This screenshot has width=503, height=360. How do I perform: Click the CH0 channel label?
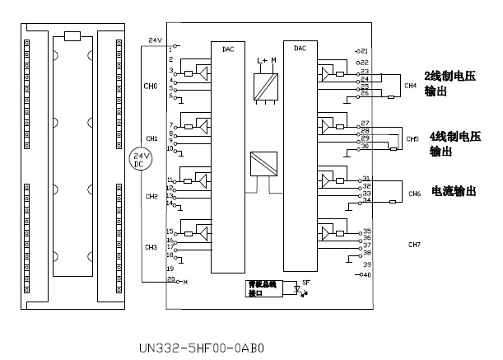tap(151, 86)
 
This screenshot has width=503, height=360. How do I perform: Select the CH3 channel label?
tap(151, 247)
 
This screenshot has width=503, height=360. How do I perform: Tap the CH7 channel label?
tap(414, 245)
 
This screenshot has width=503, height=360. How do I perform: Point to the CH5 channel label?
tap(412, 139)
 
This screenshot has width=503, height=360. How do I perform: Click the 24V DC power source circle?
tap(142, 159)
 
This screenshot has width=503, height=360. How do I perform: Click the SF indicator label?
tap(306, 283)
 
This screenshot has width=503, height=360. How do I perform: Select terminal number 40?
tap(365, 275)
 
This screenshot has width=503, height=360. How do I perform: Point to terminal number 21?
tap(365, 51)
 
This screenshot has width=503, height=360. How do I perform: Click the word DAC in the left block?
tap(228, 49)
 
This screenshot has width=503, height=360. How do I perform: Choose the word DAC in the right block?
tap(300, 49)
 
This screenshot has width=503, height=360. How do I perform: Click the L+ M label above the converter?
tap(268, 60)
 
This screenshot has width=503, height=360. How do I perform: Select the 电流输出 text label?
tap(454, 191)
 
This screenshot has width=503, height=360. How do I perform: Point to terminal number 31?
tap(366, 179)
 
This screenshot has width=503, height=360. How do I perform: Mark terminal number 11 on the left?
tap(170, 180)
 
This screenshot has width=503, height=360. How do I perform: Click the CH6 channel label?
tap(414, 194)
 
